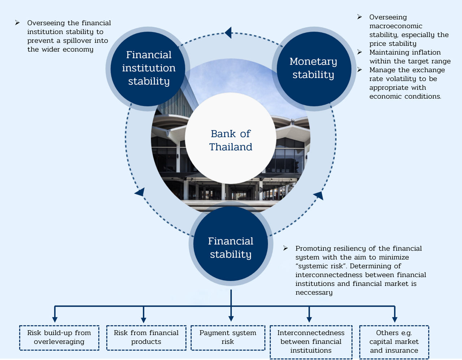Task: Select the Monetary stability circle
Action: click(313, 69)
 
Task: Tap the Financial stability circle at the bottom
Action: click(231, 248)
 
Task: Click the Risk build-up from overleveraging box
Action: click(59, 338)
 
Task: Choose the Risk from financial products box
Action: click(146, 338)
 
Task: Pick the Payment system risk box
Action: click(228, 338)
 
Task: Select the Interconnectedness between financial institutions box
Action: click(311, 342)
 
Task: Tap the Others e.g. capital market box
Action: click(394, 342)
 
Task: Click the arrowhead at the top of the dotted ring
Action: click(228, 33)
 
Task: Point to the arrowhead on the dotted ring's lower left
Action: click(140, 192)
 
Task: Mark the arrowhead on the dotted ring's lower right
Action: click(319, 196)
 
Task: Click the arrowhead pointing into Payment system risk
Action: click(231, 318)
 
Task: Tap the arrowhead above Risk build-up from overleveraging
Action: click(55, 319)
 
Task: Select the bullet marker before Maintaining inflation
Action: click(359, 52)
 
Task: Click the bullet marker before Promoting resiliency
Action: click(286, 248)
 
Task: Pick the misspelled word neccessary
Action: click(314, 293)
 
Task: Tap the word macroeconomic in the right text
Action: click(396, 26)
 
